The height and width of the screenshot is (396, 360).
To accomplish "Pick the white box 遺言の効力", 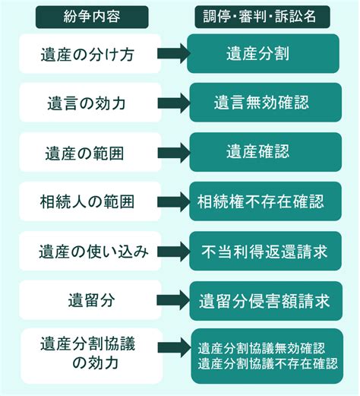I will (x=90, y=103).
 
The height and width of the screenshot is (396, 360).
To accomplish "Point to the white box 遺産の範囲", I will (x=90, y=152).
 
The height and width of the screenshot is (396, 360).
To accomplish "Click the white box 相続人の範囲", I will (x=90, y=201).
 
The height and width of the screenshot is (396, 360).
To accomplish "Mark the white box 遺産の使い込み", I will (x=90, y=251).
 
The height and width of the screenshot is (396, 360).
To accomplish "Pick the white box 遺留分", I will (x=90, y=299).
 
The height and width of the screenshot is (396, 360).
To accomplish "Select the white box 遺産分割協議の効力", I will (x=90, y=354).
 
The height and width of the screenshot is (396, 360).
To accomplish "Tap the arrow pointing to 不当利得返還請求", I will (x=176, y=251).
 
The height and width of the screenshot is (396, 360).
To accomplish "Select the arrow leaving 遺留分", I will (x=176, y=299).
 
